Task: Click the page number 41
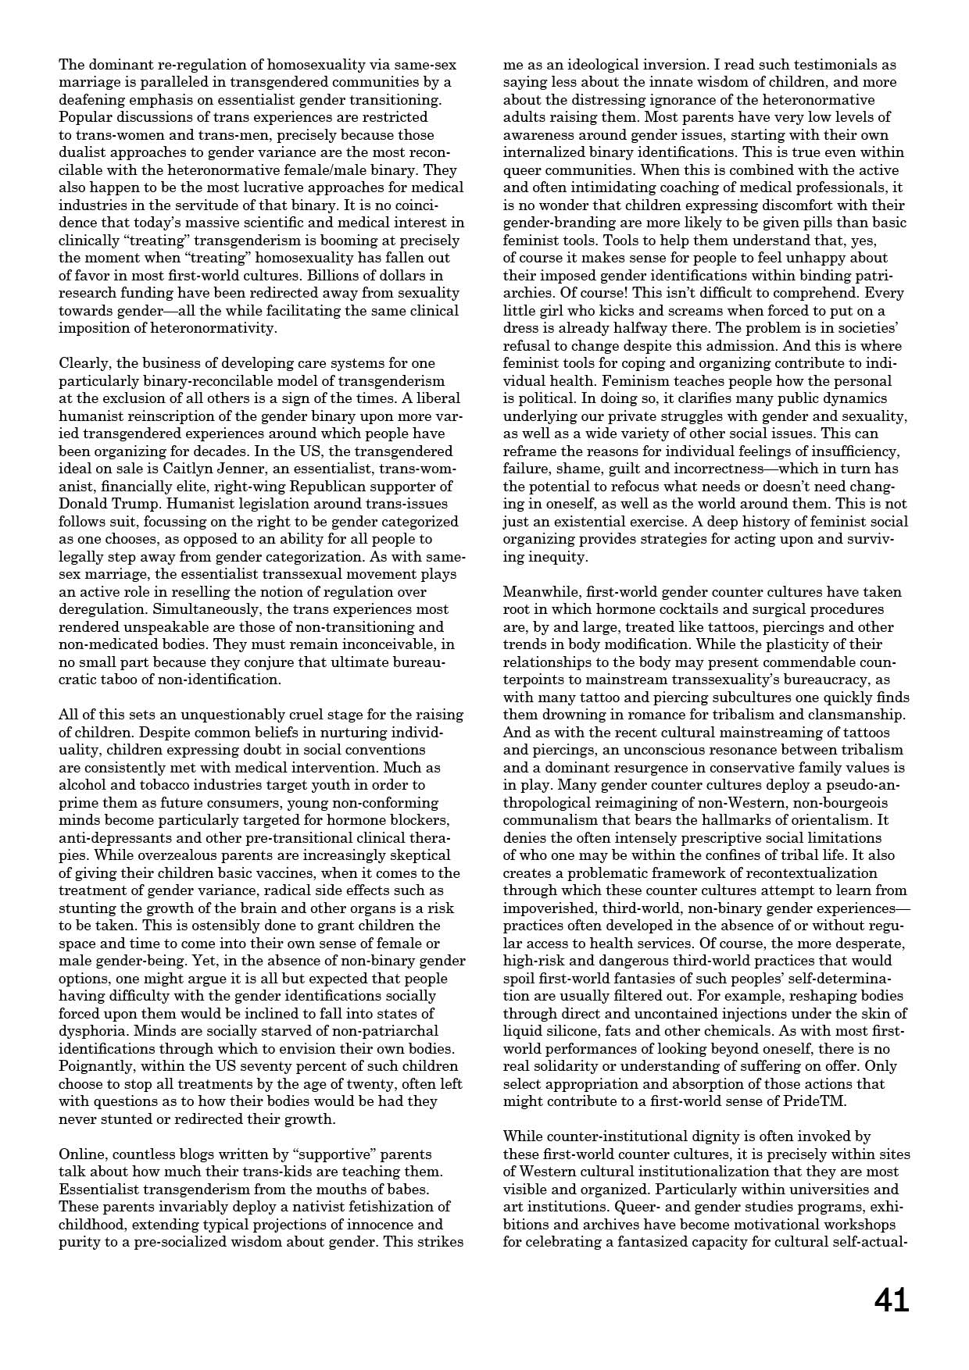[891, 1301]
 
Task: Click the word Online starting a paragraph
[83, 1154]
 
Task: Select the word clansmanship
[858, 715]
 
